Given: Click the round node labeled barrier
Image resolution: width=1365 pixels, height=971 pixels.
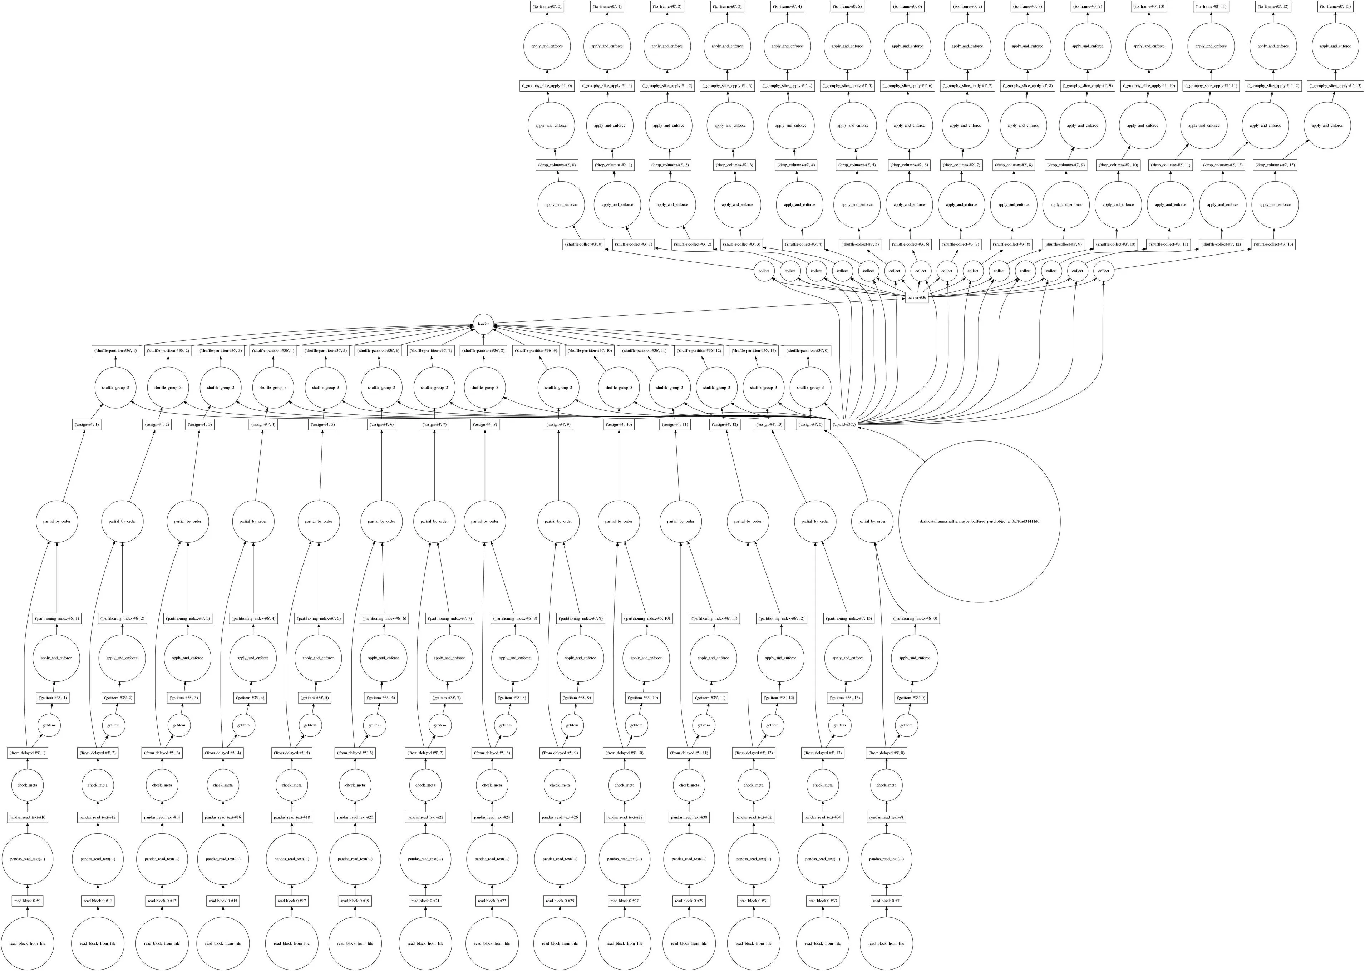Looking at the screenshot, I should (483, 324).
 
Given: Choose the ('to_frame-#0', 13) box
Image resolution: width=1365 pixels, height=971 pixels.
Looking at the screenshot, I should (1336, 6).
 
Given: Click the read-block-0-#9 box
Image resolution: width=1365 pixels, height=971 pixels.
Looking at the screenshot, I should (28, 901).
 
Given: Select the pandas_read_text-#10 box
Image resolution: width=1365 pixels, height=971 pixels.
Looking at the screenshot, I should (28, 817).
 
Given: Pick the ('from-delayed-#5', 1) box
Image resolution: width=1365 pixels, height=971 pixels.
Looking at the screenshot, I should (28, 753).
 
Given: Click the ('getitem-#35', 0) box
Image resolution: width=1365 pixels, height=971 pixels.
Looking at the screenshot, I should (911, 698).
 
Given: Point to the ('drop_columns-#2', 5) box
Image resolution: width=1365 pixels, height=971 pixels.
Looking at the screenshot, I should (857, 165).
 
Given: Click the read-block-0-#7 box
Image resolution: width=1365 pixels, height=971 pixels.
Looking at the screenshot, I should (886, 901).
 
